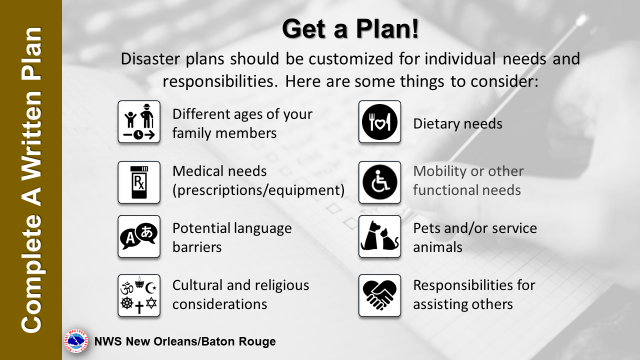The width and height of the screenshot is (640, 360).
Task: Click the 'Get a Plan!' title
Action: point(350,29)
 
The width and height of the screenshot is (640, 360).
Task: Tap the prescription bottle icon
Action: point(139,182)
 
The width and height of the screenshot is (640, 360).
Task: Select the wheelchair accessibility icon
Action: point(379,182)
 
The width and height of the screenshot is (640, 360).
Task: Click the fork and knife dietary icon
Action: point(379,121)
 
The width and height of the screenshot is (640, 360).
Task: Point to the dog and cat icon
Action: point(379,236)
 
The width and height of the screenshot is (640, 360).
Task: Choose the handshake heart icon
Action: point(379,295)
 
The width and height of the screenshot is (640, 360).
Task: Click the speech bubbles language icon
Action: point(139,236)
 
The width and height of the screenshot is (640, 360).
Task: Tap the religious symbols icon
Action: point(139,295)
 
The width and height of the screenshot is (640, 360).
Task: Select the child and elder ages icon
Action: point(139,121)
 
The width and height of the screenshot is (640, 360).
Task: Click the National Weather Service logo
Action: point(76,341)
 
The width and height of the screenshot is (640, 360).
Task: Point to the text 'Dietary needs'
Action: point(457,123)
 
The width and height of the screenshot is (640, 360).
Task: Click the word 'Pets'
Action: point(426,228)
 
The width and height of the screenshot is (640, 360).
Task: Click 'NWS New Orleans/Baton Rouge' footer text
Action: point(185,341)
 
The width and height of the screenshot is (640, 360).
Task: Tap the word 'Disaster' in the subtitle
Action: point(150,59)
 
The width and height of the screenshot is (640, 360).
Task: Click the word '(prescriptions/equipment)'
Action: point(258,190)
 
